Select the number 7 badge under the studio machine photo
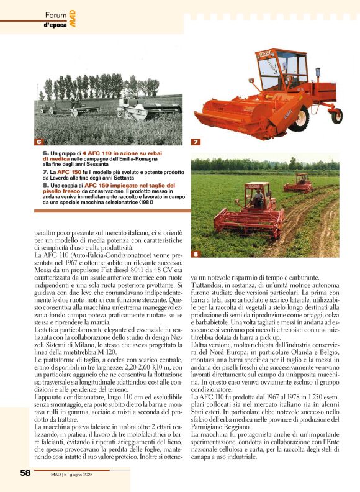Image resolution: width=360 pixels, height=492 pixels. click(196, 142)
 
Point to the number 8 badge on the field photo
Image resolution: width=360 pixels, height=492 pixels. click(196, 254)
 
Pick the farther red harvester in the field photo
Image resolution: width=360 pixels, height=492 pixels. click(299, 183)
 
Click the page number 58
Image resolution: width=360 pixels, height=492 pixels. click(25, 473)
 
